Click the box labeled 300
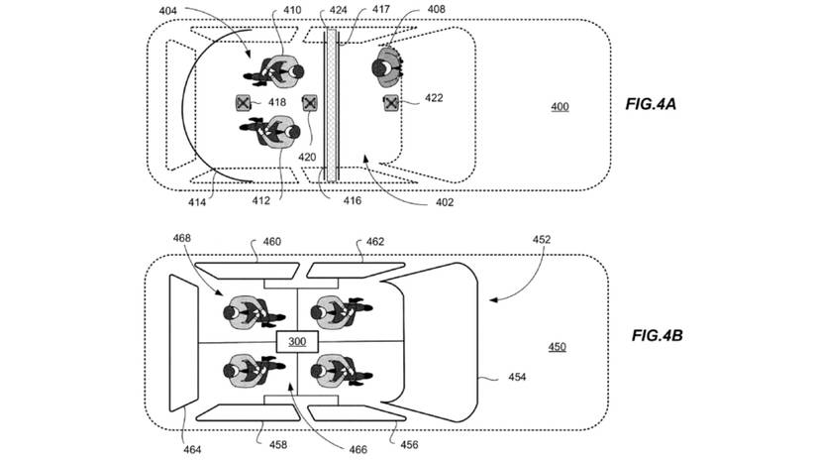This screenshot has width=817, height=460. click(298, 342)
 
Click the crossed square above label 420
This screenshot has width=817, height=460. click(310, 103)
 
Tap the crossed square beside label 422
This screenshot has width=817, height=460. click(392, 102)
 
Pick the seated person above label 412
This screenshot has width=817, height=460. click(272, 131)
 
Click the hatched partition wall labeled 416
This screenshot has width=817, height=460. click(333, 104)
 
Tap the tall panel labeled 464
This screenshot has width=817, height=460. click(181, 342)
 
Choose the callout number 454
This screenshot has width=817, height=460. click(518, 377)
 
